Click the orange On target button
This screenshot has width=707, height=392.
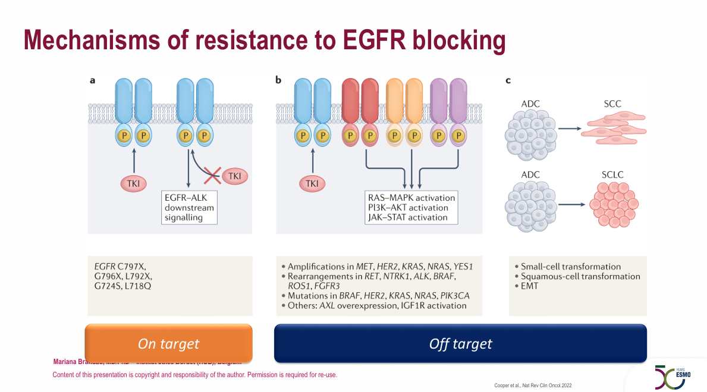click(x=168, y=343)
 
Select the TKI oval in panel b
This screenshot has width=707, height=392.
click(x=312, y=185)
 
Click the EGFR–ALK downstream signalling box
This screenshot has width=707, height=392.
click(x=189, y=208)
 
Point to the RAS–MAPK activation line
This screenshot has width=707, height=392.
click(x=411, y=198)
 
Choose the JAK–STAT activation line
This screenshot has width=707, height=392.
click(x=407, y=217)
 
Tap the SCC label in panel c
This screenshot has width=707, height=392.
click(x=608, y=104)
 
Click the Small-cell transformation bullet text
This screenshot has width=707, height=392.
click(x=571, y=267)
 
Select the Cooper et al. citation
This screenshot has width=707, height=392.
click(x=533, y=385)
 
